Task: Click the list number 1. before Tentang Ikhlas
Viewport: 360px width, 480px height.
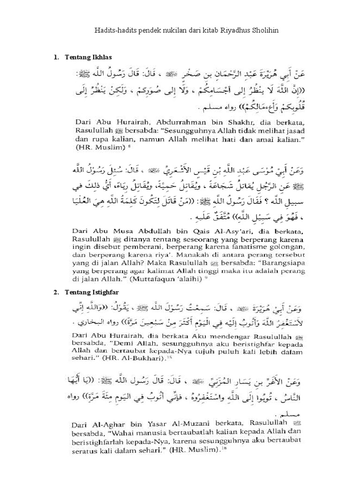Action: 57,57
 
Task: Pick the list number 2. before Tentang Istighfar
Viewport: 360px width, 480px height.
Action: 57,292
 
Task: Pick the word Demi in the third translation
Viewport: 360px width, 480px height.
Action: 122,348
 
